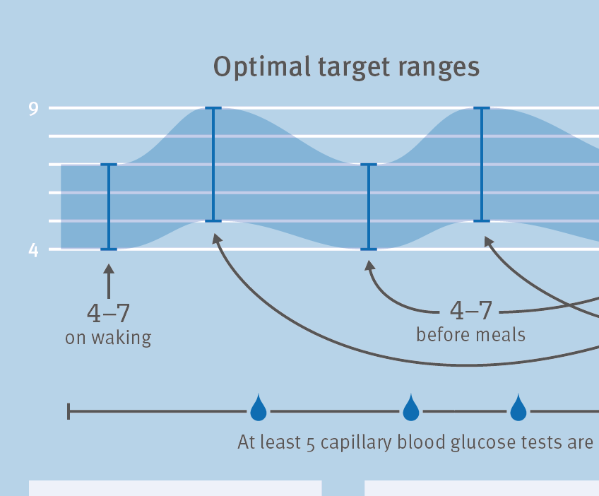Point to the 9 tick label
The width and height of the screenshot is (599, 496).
coord(34,109)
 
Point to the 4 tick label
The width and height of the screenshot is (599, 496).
coord(34,250)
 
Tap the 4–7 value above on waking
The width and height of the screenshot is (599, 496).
coord(109,313)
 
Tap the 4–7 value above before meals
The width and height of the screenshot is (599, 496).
coord(470,310)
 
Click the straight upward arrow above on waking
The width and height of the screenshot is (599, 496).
coord(109,281)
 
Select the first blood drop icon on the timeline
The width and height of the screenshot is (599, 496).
coord(259,408)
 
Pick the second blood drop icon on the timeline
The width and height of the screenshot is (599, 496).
coord(411,408)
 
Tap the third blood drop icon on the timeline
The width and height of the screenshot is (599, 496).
coord(518,408)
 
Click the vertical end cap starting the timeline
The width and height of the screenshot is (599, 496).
coord(69,411)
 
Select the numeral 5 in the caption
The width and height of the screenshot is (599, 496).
coord(311,444)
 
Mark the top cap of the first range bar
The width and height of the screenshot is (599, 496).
coord(109,165)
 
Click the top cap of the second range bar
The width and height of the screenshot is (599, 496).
coord(213,108)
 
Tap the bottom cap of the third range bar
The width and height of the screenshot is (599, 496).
coord(369,249)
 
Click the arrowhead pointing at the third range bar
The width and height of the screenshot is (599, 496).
coord(369,266)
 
